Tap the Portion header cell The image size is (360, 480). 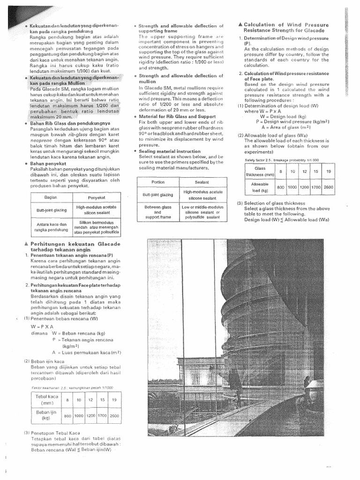(158, 182)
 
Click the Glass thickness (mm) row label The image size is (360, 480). (259, 171)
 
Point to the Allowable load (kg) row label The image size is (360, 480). (259, 187)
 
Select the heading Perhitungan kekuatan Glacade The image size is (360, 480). (75, 244)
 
